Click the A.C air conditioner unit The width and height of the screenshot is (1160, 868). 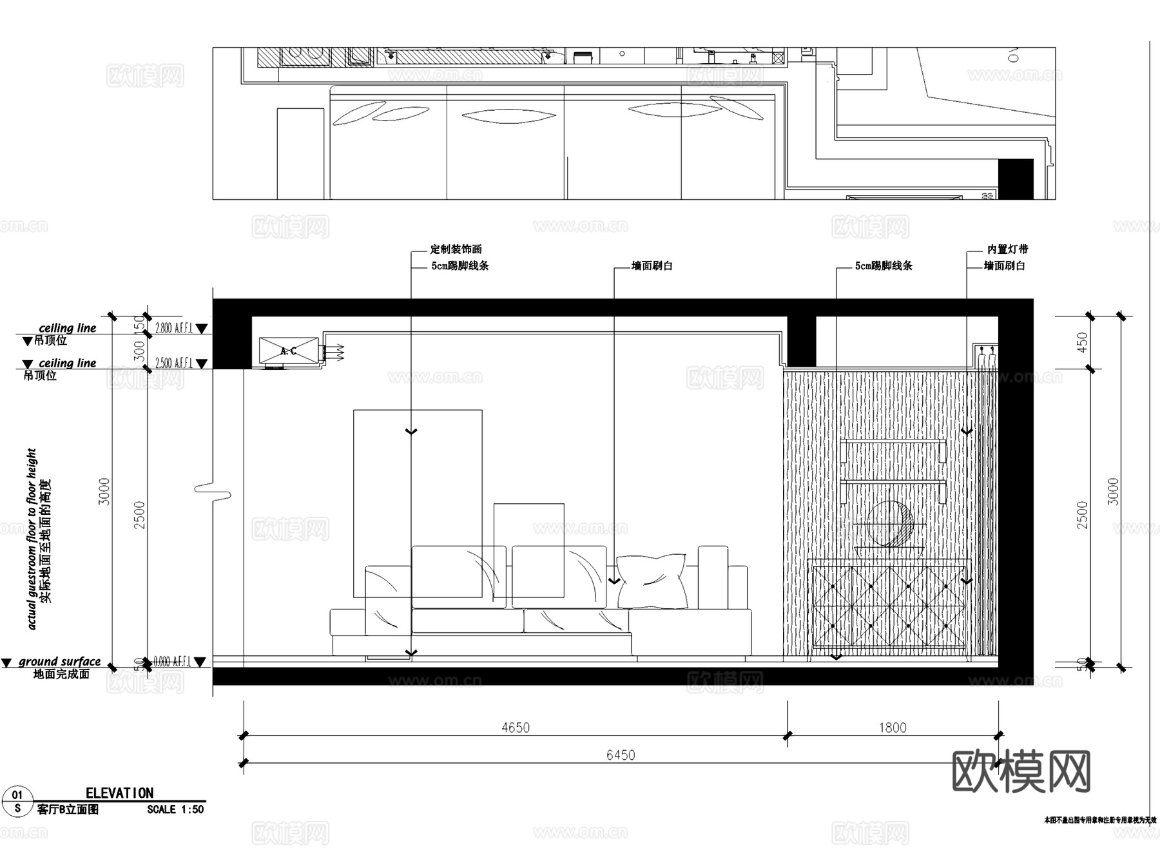point(289,351)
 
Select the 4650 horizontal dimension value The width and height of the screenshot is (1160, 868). point(515,728)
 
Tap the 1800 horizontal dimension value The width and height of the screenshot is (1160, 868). point(893,728)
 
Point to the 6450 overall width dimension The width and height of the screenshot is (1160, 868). point(620,755)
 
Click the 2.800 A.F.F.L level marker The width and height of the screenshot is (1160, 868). point(174,328)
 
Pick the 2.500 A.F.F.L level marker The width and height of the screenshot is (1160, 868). point(174,363)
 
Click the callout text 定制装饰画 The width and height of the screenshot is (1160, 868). point(456,249)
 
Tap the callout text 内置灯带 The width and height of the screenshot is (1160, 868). point(1007,249)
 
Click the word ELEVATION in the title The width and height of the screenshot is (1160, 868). point(120,793)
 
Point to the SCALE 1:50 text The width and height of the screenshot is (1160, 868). point(175,809)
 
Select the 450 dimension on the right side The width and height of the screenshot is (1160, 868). point(1082,342)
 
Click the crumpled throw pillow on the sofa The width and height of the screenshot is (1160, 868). point(652,581)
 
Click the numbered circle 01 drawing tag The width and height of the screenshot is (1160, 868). point(17,795)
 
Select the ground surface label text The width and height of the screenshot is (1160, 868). point(59,662)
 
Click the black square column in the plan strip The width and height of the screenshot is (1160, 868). point(1016,178)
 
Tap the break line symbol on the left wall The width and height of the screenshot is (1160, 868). point(213,491)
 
